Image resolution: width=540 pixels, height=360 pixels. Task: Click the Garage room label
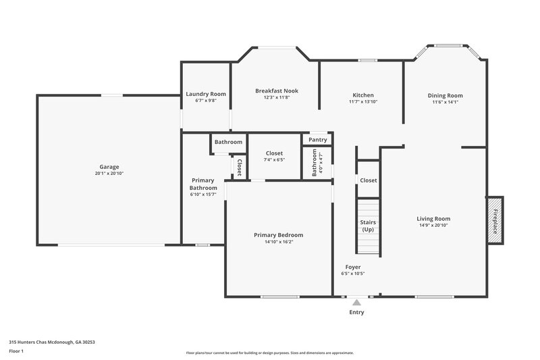pyautogui.click(x=109, y=167)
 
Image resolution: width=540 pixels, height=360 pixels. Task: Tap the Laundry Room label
pyautogui.click(x=206, y=94)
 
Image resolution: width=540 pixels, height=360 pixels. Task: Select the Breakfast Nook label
pyautogui.click(x=277, y=91)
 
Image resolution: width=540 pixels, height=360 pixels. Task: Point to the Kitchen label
pyautogui.click(x=363, y=95)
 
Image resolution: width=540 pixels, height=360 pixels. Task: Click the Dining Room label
pyautogui.click(x=446, y=95)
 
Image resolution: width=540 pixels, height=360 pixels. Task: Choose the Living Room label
pyautogui.click(x=433, y=218)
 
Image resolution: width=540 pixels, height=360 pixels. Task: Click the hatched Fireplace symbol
pyautogui.click(x=495, y=221)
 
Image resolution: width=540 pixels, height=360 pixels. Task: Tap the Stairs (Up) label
pyautogui.click(x=368, y=226)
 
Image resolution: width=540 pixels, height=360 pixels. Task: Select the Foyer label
pyautogui.click(x=353, y=267)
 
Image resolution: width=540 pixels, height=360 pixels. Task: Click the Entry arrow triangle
pyautogui.click(x=356, y=302)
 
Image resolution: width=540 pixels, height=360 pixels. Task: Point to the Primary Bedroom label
pyautogui.click(x=278, y=235)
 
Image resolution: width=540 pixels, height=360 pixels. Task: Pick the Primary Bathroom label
pyautogui.click(x=204, y=184)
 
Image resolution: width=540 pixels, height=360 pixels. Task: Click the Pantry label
pyautogui.click(x=318, y=140)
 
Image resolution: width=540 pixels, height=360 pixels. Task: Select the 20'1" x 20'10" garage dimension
pyautogui.click(x=109, y=174)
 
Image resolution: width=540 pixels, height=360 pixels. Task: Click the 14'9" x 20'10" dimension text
pyautogui.click(x=433, y=225)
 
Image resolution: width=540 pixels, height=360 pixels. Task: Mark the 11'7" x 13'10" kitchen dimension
pyautogui.click(x=363, y=102)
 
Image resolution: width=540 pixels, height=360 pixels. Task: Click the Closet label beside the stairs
pyautogui.click(x=369, y=180)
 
